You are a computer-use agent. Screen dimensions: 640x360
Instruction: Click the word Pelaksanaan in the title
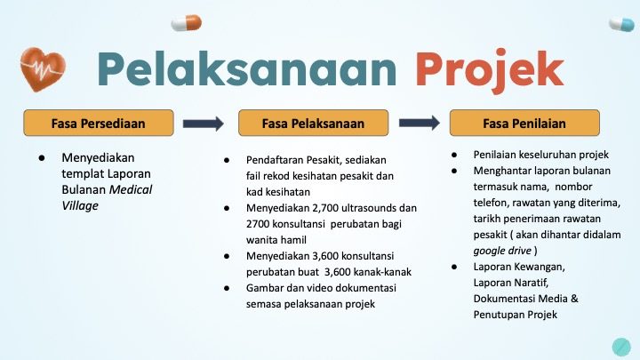pos(247,68)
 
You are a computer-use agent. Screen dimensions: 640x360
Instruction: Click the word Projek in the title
pos(490,71)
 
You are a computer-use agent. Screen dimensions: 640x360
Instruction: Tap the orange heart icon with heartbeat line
pos(43,69)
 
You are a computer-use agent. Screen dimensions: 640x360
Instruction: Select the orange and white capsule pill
pos(187,23)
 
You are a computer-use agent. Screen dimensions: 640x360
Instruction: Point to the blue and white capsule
pos(621,25)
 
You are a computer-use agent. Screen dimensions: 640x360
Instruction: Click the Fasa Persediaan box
pos(99,123)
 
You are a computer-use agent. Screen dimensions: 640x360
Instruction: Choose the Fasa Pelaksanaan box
pos(314,123)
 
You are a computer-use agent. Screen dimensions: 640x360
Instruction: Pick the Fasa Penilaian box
pos(524,123)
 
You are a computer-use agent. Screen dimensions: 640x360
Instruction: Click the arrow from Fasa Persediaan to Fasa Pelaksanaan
pos(204,124)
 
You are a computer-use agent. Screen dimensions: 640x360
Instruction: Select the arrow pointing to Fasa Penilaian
pos(420,123)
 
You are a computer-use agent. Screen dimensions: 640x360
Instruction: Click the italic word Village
pos(80,205)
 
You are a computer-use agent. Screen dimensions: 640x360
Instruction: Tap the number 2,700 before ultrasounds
pos(325,208)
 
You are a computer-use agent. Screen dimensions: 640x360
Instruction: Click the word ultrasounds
pos(369,208)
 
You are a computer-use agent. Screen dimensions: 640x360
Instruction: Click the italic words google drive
pos(502,251)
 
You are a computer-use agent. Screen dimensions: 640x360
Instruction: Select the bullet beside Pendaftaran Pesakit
pos(227,160)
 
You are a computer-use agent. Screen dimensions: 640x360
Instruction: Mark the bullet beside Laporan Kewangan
pos(454,267)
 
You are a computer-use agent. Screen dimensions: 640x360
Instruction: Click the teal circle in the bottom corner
pos(621,347)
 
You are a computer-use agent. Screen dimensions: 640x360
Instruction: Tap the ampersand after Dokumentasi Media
pos(574,299)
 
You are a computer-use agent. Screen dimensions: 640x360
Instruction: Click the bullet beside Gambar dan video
pos(227,288)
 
